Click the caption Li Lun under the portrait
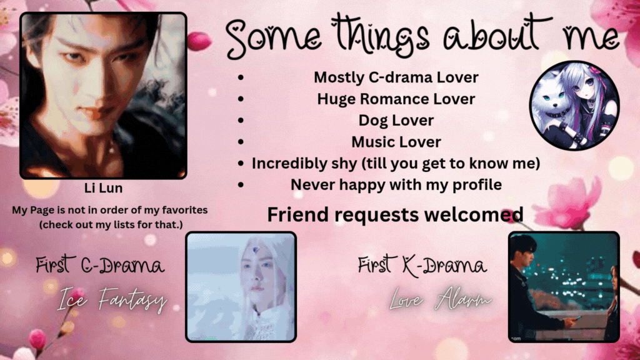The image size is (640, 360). pyautogui.click(x=103, y=187)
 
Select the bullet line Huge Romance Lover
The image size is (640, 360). pyautogui.click(x=396, y=99)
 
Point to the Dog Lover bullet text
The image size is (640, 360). pyautogui.click(x=396, y=121)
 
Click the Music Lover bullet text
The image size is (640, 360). pyautogui.click(x=396, y=142)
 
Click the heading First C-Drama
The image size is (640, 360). pyautogui.click(x=100, y=265)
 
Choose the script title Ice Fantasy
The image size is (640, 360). pyautogui.click(x=112, y=299)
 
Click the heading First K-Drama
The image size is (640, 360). pyautogui.click(x=422, y=265)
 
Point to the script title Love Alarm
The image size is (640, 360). pyautogui.click(x=441, y=299)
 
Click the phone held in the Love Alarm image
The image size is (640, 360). pyautogui.click(x=577, y=318)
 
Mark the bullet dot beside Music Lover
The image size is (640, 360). pyautogui.click(x=241, y=142)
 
